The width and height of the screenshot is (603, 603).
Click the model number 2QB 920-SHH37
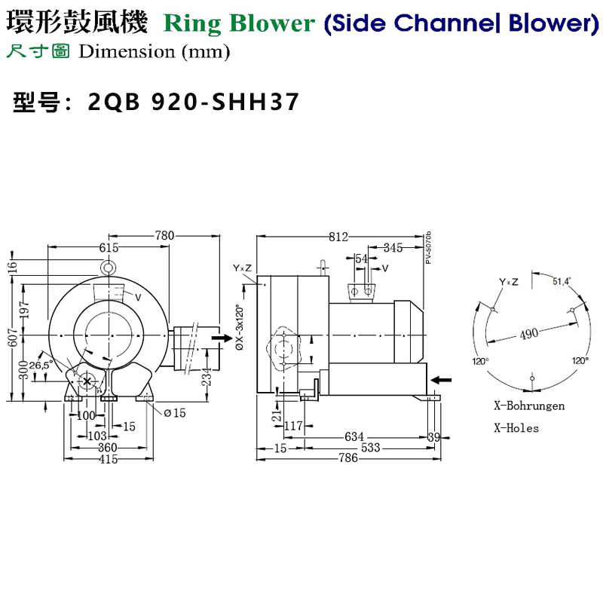[194, 101]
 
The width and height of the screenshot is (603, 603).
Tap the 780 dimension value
[165, 236]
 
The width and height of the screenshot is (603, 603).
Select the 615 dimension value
[109, 247]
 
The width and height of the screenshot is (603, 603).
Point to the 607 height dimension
[12, 341]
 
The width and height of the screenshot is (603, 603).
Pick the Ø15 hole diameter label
[175, 412]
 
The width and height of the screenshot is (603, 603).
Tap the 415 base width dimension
[110, 460]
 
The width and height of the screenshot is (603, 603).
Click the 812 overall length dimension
[339, 237]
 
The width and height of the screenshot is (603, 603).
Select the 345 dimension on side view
[393, 247]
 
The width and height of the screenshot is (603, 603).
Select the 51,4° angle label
[562, 281]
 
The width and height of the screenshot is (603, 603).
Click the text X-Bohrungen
[529, 406]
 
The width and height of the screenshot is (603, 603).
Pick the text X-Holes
[516, 427]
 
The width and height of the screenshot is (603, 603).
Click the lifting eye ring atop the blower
[109, 267]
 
